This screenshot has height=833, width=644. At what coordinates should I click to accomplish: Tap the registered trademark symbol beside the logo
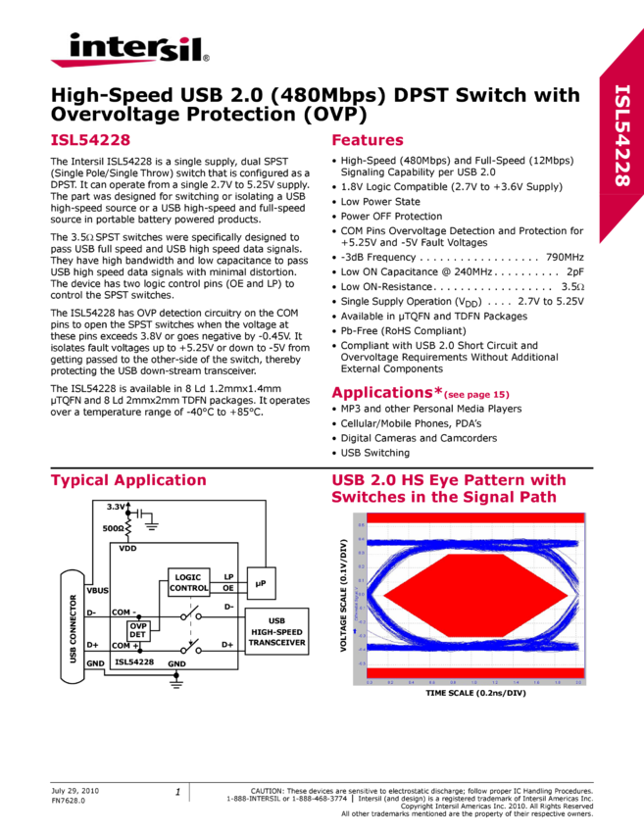[206, 59]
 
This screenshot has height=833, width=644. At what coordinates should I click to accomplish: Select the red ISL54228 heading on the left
[90, 140]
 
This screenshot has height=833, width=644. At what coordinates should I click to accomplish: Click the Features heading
[368, 140]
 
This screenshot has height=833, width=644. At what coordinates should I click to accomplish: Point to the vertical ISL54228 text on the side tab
[621, 135]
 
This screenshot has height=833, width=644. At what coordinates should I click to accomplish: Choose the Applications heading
[387, 393]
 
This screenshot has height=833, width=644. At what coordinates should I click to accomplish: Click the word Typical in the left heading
[78, 480]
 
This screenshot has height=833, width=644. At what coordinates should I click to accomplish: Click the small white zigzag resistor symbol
[128, 525]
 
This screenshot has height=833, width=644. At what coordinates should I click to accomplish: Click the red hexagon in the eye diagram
[475, 595]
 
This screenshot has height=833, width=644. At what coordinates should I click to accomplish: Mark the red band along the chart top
[469, 516]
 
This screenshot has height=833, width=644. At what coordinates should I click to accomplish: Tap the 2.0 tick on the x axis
[578, 681]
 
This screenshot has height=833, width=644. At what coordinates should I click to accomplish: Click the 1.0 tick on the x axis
[474, 681]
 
